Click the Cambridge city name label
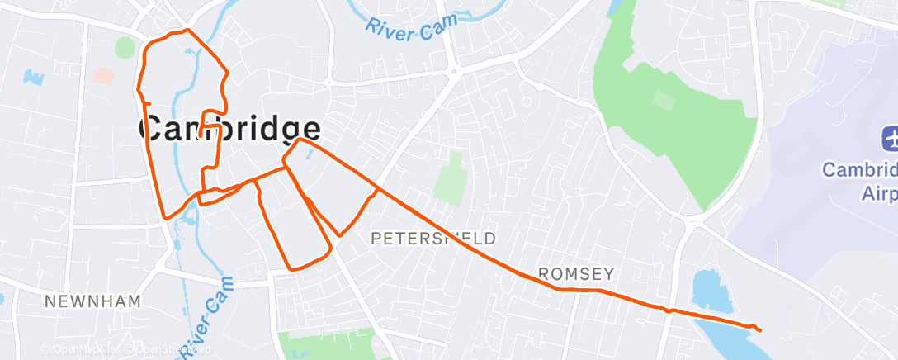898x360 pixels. pos(230,130)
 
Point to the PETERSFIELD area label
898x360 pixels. pos(433,239)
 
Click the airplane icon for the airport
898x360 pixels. pos(891,140)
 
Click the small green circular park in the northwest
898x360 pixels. pos(125,48)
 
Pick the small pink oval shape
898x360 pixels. pos(104,75)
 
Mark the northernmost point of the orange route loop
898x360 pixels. pos(187,31)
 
